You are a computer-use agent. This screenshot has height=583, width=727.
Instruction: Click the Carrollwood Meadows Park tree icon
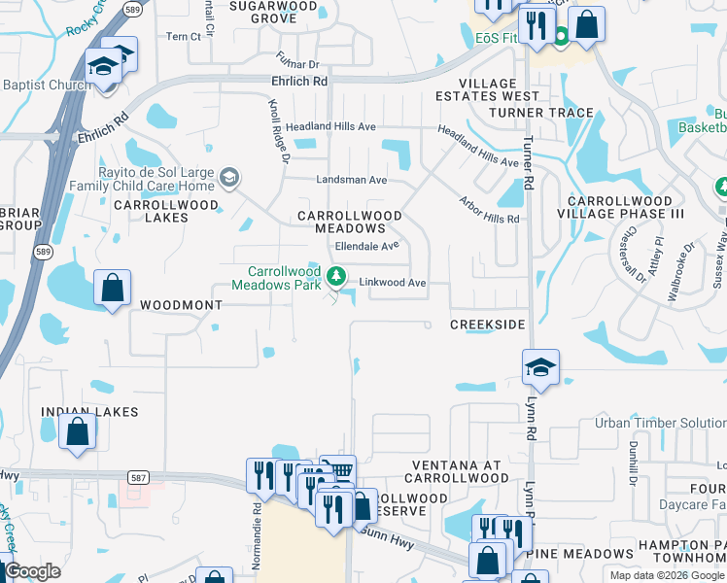(337, 277)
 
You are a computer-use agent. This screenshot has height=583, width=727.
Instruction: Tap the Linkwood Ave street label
(394, 283)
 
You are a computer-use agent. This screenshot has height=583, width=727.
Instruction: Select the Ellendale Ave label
(368, 246)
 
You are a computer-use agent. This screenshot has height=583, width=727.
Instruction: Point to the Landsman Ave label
(352, 180)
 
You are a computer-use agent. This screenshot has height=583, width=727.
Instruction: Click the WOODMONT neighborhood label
(182, 305)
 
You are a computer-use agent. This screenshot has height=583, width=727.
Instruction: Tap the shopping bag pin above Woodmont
(112, 289)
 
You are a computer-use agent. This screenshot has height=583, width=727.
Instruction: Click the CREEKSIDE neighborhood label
(488, 324)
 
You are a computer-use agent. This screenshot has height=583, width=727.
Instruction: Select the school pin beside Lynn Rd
(540, 367)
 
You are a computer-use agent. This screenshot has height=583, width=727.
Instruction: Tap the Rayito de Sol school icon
(229, 177)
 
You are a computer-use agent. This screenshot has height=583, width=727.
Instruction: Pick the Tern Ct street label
(183, 37)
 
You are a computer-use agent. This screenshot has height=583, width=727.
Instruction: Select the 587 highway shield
(138, 477)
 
